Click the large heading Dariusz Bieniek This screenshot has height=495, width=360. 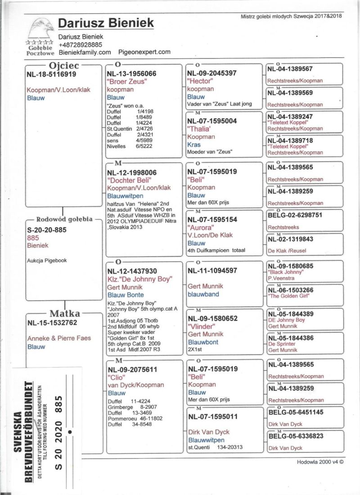(x=106, y=23)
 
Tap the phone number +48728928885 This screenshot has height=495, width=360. (x=80, y=45)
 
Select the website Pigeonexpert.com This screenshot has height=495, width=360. (x=144, y=52)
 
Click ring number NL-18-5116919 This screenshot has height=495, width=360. (x=52, y=74)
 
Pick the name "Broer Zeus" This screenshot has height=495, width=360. (x=127, y=81)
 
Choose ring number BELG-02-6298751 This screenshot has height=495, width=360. (x=295, y=215)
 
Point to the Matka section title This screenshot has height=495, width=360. (x=65, y=314)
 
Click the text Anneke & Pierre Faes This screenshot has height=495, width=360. (x=59, y=338)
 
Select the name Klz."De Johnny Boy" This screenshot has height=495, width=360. (x=140, y=279)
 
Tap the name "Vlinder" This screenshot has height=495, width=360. (x=201, y=326)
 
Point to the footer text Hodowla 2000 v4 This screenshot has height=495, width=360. (x=320, y=461)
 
